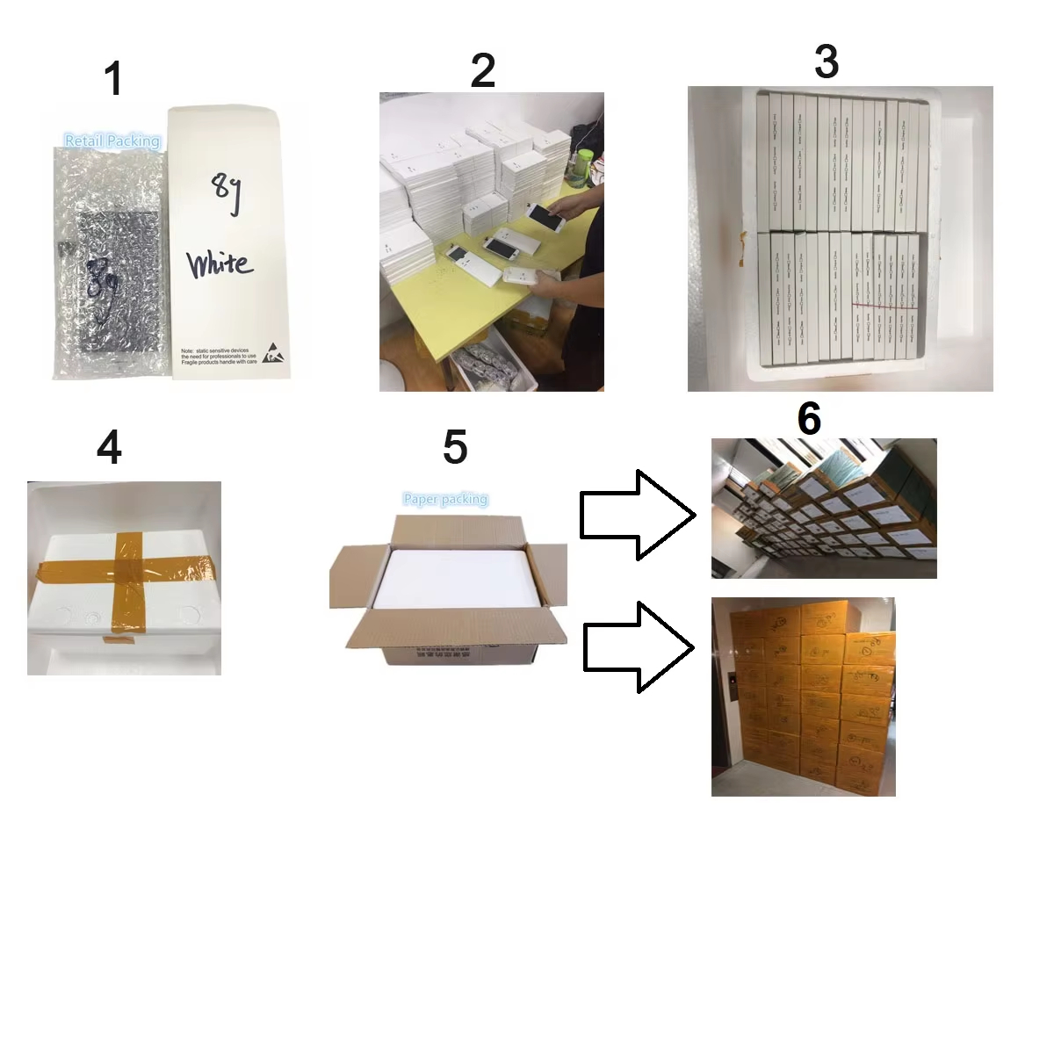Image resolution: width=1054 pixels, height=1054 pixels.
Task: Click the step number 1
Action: pyautogui.click(x=112, y=79)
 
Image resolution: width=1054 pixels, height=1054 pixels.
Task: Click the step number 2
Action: pyautogui.click(x=482, y=70)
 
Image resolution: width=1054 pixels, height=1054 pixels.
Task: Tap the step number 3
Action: pyautogui.click(x=826, y=61)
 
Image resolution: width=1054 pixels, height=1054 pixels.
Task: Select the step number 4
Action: pyautogui.click(x=109, y=448)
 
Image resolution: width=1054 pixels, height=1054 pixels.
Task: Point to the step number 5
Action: pyautogui.click(x=454, y=447)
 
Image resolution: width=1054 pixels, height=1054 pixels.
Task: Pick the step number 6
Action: pyautogui.click(x=808, y=419)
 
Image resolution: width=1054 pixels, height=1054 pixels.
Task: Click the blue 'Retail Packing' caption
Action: pyautogui.click(x=112, y=141)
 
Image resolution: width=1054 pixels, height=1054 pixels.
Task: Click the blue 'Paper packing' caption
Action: pyautogui.click(x=445, y=499)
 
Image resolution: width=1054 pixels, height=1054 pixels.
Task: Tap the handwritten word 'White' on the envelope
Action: pyautogui.click(x=220, y=263)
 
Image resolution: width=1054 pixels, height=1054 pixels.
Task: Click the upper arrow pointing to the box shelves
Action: pyautogui.click(x=637, y=514)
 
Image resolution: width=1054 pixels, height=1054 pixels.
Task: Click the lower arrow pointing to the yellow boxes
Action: pyautogui.click(x=639, y=647)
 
